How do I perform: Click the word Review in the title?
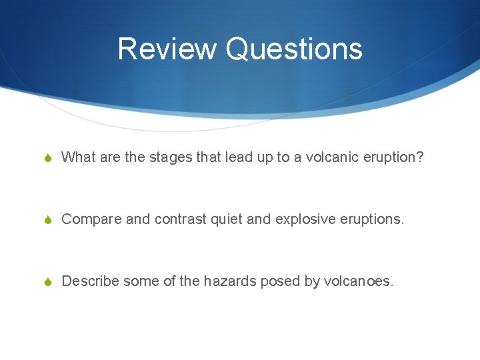(167, 49)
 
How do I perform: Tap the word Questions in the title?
(294, 49)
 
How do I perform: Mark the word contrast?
(179, 219)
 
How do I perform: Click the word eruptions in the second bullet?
(371, 219)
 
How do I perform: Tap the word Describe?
(90, 281)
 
